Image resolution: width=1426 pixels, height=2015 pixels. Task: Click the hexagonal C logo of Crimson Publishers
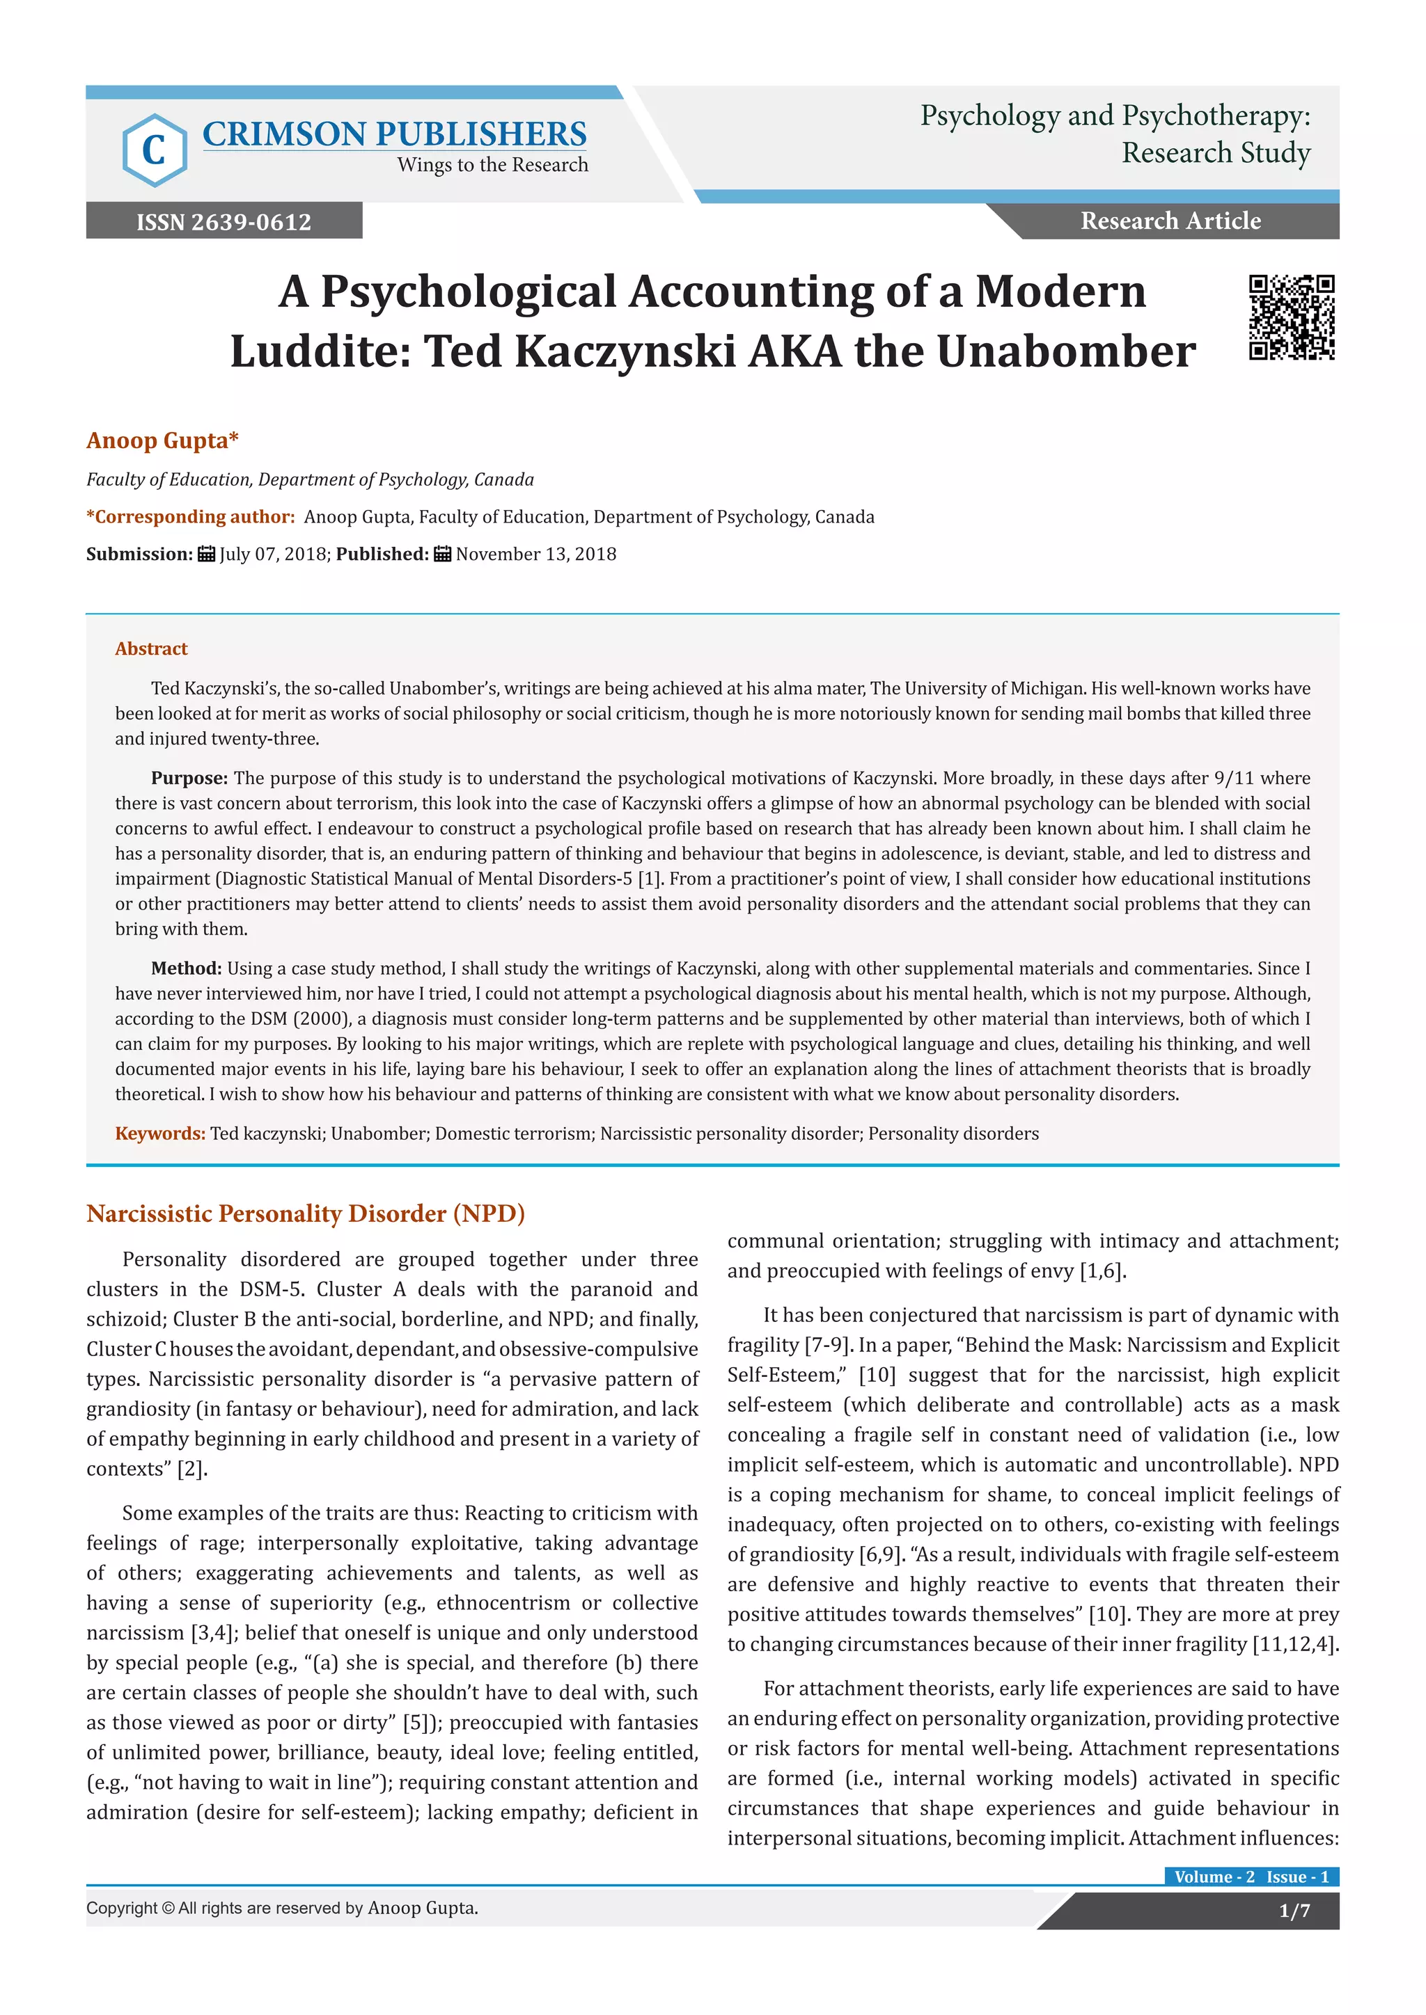155,150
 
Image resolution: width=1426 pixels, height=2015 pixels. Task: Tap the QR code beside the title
1292,318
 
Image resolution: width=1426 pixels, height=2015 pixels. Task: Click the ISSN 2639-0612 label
224,221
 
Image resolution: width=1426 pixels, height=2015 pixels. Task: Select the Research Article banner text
1170,221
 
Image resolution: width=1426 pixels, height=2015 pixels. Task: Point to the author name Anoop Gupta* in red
162,440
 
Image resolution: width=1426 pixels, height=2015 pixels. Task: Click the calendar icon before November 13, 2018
443,554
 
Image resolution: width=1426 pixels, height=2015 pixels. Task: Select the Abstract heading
151,648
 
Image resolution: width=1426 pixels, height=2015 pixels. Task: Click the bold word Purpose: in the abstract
189,778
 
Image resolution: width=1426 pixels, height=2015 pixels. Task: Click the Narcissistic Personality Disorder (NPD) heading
306,1213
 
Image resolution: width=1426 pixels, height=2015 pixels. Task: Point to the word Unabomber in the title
1066,352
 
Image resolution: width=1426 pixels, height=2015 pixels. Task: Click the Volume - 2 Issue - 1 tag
1251,1877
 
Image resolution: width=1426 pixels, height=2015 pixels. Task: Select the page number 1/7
1294,1911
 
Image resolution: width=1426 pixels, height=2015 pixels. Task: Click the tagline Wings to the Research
492,165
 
